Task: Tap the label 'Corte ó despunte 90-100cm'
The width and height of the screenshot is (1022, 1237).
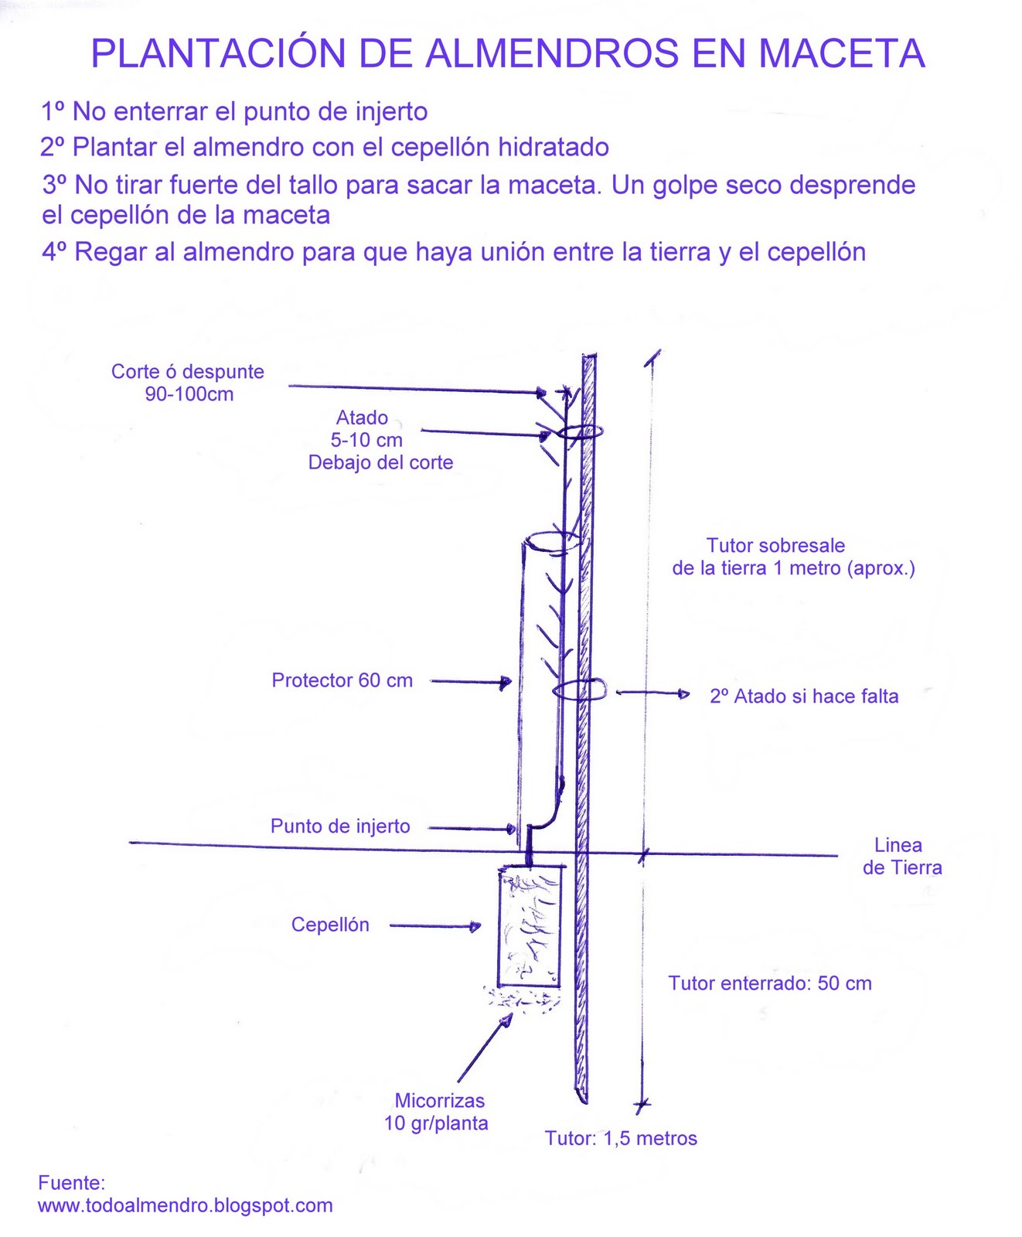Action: tap(188, 383)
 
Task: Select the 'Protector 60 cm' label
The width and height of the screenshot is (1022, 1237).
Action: tap(342, 680)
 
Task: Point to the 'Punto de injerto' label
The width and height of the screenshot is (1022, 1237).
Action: tap(340, 826)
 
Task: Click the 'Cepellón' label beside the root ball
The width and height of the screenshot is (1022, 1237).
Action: tap(330, 925)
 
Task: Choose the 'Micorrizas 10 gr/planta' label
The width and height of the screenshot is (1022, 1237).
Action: tap(437, 1112)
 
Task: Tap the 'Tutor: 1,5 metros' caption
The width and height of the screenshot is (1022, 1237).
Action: tap(621, 1138)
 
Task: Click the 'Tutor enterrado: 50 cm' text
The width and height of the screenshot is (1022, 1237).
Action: tap(770, 983)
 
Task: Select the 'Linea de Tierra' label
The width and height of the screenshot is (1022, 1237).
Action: tap(902, 857)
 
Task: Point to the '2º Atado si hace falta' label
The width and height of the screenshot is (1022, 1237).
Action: tap(804, 697)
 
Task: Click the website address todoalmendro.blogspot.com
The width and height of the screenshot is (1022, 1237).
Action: tap(186, 1205)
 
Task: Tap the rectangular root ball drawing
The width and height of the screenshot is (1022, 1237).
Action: tap(530, 927)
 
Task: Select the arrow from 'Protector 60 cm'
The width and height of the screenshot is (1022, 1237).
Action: tap(471, 682)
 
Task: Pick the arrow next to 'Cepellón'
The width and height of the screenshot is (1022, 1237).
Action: tap(435, 925)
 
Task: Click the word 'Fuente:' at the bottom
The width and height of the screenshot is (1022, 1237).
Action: tap(71, 1183)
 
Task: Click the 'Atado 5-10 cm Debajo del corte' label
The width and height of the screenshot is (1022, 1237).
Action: tap(380, 440)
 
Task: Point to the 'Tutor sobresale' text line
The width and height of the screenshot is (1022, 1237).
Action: tap(775, 546)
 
